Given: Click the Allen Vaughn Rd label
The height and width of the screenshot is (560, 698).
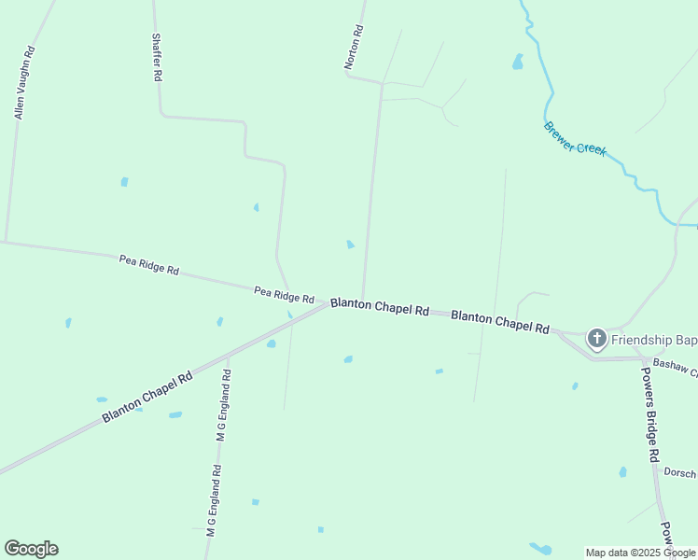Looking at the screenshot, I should [24, 83].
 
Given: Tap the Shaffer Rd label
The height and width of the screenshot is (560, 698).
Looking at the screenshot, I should [157, 60].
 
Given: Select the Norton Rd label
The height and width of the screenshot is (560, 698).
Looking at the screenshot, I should [353, 48].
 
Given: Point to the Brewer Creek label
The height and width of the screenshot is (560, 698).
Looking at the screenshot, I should [575, 139].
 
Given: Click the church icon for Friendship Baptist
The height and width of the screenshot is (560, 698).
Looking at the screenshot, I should [597, 338].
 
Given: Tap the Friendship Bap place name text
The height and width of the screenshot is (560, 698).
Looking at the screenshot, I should [654, 338].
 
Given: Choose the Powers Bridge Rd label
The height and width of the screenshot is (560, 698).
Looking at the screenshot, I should [650, 413].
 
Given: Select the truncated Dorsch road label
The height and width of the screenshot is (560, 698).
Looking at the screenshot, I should [679, 473].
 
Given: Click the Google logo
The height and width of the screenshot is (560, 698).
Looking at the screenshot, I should [31, 549].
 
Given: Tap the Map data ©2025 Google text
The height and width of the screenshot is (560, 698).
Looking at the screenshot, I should [641, 553].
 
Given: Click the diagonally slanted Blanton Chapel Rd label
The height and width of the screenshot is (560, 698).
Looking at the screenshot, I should [147, 397].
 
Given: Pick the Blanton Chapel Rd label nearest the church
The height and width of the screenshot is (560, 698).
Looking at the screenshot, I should [500, 322].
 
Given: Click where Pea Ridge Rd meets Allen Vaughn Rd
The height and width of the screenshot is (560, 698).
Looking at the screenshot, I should [5, 242].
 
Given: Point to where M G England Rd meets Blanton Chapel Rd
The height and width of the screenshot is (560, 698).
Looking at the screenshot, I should [228, 356].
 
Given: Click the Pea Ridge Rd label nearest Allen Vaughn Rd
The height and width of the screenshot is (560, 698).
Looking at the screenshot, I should [149, 265].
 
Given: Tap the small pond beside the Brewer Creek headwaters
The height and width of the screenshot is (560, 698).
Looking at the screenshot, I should [517, 63].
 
